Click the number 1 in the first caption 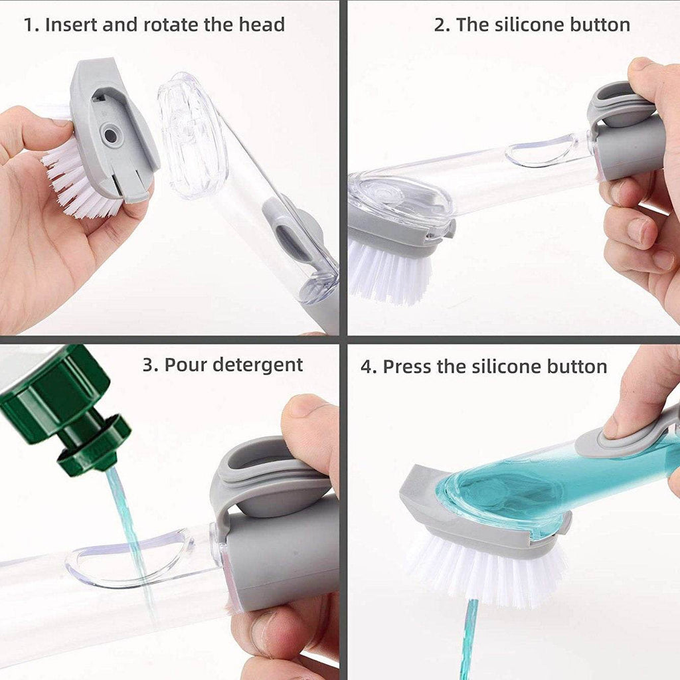[x=29, y=25]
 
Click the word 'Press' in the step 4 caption [x=408, y=367]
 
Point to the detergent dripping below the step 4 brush [x=469, y=637]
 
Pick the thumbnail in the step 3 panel [x=306, y=406]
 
